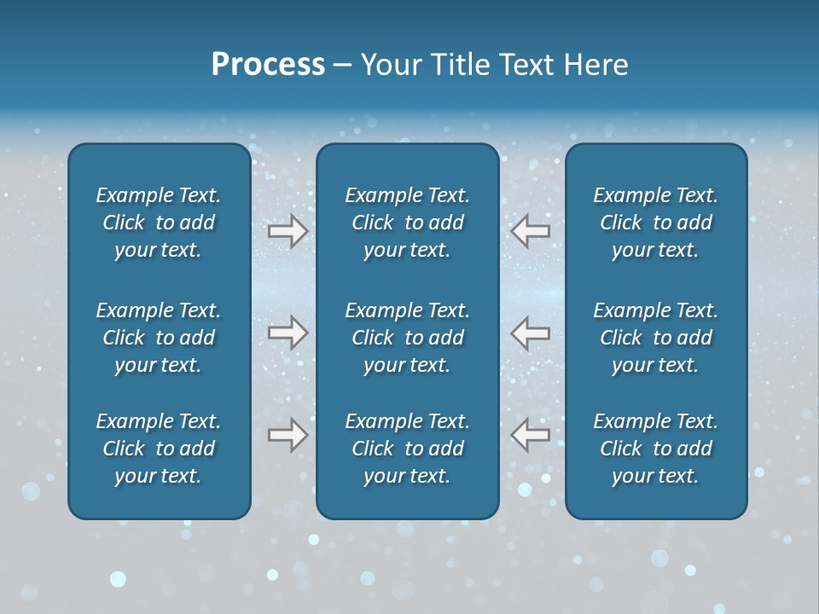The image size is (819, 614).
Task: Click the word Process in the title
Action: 268,65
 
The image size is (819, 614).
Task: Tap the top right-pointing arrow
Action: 288,230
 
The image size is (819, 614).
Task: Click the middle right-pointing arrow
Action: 288,333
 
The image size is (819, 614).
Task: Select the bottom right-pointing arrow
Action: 288,435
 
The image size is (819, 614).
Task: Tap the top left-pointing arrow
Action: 530,230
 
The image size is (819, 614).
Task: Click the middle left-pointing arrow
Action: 530,333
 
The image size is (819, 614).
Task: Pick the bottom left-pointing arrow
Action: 530,435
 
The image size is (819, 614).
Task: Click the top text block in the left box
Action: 159,223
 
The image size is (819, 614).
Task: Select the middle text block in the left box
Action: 159,338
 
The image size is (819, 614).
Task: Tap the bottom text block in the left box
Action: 159,449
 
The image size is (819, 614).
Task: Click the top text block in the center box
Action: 408,223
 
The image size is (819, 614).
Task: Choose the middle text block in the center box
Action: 408,338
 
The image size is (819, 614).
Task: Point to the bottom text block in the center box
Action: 408,449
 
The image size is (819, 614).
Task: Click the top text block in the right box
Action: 656,223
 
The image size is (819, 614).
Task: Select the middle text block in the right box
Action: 656,338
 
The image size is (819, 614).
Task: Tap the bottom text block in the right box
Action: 656,449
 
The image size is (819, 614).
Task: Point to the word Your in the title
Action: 389,65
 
